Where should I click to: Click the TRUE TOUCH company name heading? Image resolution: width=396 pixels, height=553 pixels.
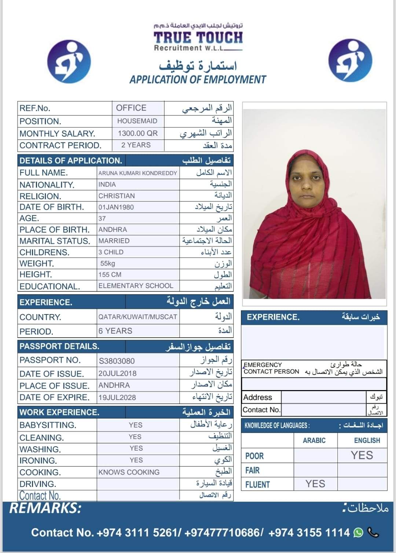point(198,38)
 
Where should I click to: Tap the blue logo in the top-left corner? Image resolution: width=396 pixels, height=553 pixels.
point(69,61)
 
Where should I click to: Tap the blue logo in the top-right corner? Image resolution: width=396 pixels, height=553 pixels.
point(350,61)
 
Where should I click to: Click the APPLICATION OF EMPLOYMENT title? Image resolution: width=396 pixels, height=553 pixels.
point(198,80)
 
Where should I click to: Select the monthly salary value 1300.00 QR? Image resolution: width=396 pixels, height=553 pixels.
point(137,133)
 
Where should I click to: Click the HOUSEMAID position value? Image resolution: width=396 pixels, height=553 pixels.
point(137,121)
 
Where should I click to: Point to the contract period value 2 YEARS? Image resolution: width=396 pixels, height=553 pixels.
point(136,145)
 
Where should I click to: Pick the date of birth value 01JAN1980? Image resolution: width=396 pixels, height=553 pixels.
point(116,207)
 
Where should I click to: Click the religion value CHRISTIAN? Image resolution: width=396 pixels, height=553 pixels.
point(117,196)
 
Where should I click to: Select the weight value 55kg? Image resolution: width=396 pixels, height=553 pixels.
point(108,263)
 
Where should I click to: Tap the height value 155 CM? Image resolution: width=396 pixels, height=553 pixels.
point(110,274)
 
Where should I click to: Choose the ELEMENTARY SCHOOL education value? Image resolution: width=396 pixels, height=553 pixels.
point(136,286)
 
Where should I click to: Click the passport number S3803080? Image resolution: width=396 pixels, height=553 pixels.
point(117,361)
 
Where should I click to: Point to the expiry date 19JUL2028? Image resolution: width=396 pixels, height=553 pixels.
point(117,397)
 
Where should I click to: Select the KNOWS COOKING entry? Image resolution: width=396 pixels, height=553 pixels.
point(129,472)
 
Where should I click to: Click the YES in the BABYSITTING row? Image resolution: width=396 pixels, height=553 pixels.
point(135,425)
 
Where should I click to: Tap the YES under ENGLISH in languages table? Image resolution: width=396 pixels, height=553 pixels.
point(362,455)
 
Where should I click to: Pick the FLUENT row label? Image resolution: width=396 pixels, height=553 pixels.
point(257,485)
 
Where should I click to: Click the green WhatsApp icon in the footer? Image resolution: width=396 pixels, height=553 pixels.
point(358,532)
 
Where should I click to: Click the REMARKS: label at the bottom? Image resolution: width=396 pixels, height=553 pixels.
point(45,508)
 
